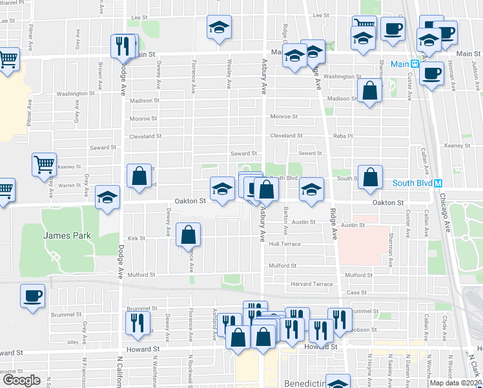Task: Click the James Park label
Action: point(67,236)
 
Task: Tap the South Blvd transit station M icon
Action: point(438,184)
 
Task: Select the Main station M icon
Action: point(415,65)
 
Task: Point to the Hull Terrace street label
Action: point(285,244)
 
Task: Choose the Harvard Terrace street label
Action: point(312,284)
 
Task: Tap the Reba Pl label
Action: point(342,136)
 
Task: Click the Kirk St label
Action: point(136,239)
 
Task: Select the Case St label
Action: point(356,292)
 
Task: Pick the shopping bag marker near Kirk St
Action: point(188,235)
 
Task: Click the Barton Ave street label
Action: point(285,221)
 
